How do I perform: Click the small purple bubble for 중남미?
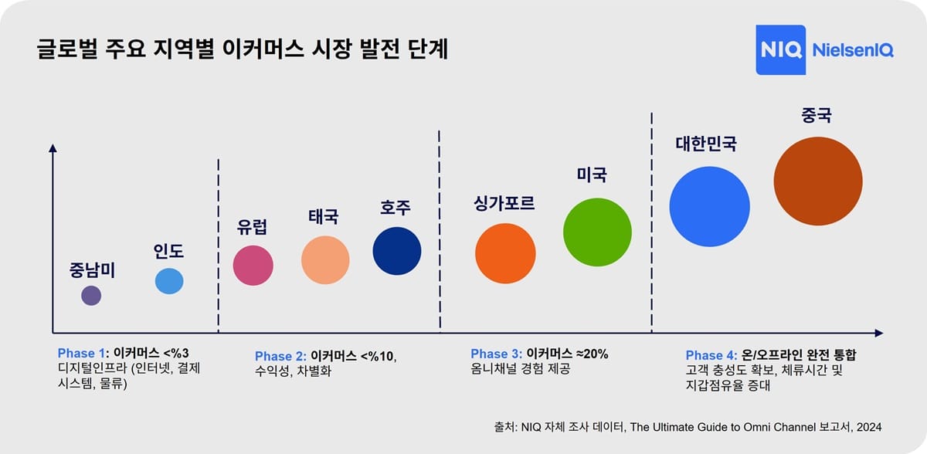coord(91,295)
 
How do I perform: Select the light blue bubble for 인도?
coord(169,281)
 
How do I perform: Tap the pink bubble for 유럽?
coord(253,265)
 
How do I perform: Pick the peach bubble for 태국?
coord(325,260)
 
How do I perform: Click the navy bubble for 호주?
coord(397,251)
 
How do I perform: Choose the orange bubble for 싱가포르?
coord(505,253)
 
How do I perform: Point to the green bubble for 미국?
coord(597,232)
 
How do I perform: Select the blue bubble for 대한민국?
coord(709,206)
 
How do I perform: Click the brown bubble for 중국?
coord(818,181)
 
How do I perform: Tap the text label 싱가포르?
coord(504,204)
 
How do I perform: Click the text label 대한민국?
coord(706,144)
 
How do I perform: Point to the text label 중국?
coord(817,116)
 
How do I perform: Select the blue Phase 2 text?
coord(281,356)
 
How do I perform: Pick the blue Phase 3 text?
coord(497,354)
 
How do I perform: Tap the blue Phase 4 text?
coord(712,355)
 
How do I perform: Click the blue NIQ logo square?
coord(780,50)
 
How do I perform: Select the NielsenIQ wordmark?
coord(852,51)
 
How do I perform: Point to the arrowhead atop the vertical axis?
coord(53,147)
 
